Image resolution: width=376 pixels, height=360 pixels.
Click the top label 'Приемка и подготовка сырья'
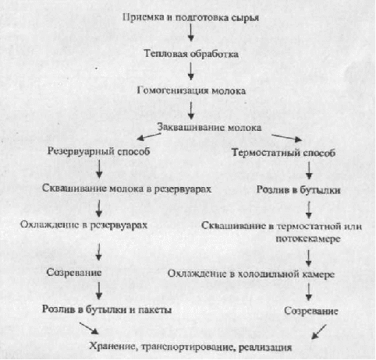click(190, 18)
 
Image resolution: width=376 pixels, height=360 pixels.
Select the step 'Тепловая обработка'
click(191, 54)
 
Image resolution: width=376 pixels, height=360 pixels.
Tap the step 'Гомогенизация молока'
click(191, 90)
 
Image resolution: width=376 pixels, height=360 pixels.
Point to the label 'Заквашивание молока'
click(209, 127)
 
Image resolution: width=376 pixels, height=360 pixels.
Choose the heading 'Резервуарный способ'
click(98, 151)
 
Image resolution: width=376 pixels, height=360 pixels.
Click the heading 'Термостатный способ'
click(283, 153)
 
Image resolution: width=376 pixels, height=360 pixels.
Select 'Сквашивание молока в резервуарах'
click(127, 189)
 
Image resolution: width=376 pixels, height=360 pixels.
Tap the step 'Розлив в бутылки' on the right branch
click(299, 190)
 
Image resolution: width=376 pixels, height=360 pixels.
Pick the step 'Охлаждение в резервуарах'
click(83, 225)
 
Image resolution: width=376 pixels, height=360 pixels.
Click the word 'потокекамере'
click(308, 238)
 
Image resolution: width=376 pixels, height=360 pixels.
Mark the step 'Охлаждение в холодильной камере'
click(251, 274)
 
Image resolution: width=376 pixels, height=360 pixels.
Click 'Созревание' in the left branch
click(74, 273)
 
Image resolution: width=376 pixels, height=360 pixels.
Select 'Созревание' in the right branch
click(311, 311)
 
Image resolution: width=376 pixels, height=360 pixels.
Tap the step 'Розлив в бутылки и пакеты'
click(107, 309)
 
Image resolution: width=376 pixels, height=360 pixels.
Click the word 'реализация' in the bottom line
click(265, 348)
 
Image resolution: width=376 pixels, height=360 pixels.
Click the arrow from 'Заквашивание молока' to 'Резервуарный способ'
click(149, 137)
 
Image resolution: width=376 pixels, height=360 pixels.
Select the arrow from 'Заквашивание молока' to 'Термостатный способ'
click(286, 138)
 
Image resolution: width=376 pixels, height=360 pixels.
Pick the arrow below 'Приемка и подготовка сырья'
click(191, 33)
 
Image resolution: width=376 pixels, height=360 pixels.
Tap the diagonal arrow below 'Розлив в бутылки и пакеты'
click(89, 328)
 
